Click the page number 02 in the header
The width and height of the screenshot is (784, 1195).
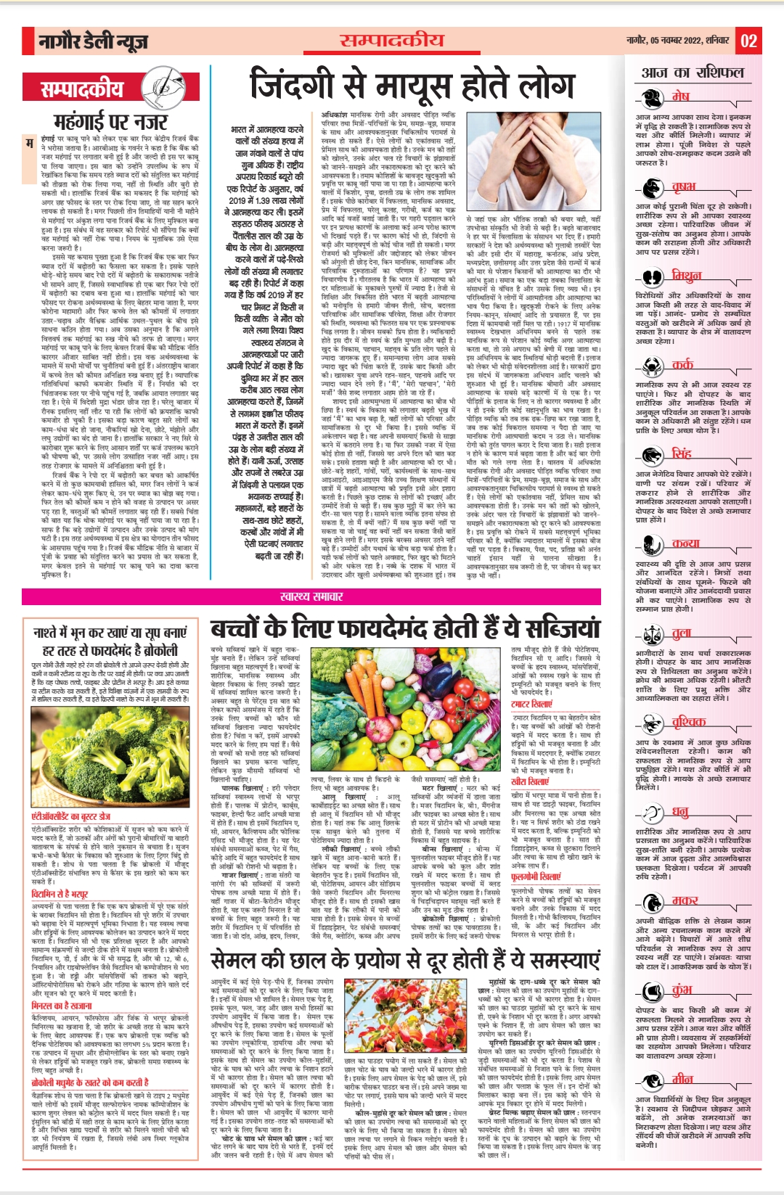point(748,41)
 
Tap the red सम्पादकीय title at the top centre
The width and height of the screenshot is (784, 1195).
point(391,40)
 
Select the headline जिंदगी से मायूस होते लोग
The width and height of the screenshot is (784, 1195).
point(412,86)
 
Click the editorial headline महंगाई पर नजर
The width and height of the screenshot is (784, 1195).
point(110,121)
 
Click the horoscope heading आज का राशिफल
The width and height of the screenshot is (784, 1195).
point(693,73)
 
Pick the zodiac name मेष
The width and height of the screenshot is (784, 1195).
point(680,96)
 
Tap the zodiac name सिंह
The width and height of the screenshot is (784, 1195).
point(682,454)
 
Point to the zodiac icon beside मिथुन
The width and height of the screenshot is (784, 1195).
point(653,276)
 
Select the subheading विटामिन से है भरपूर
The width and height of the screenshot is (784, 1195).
point(60,895)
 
